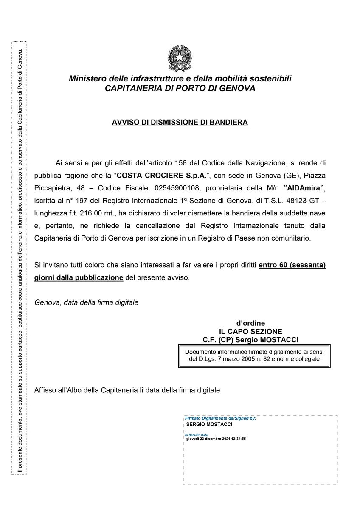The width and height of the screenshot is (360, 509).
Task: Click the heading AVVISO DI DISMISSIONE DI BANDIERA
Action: click(x=180, y=123)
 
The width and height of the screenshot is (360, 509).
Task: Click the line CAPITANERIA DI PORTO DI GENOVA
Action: click(x=180, y=89)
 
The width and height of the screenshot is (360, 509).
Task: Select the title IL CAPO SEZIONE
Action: click(x=250, y=331)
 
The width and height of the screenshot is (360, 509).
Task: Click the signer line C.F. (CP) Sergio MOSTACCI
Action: click(x=250, y=340)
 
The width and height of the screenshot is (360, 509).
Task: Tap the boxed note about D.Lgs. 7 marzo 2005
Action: click(x=254, y=355)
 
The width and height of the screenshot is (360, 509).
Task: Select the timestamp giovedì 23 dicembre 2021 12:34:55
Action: click(x=216, y=439)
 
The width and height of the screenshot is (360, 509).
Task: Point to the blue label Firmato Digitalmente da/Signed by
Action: click(x=220, y=418)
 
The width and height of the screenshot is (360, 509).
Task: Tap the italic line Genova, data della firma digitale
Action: click(x=86, y=303)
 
